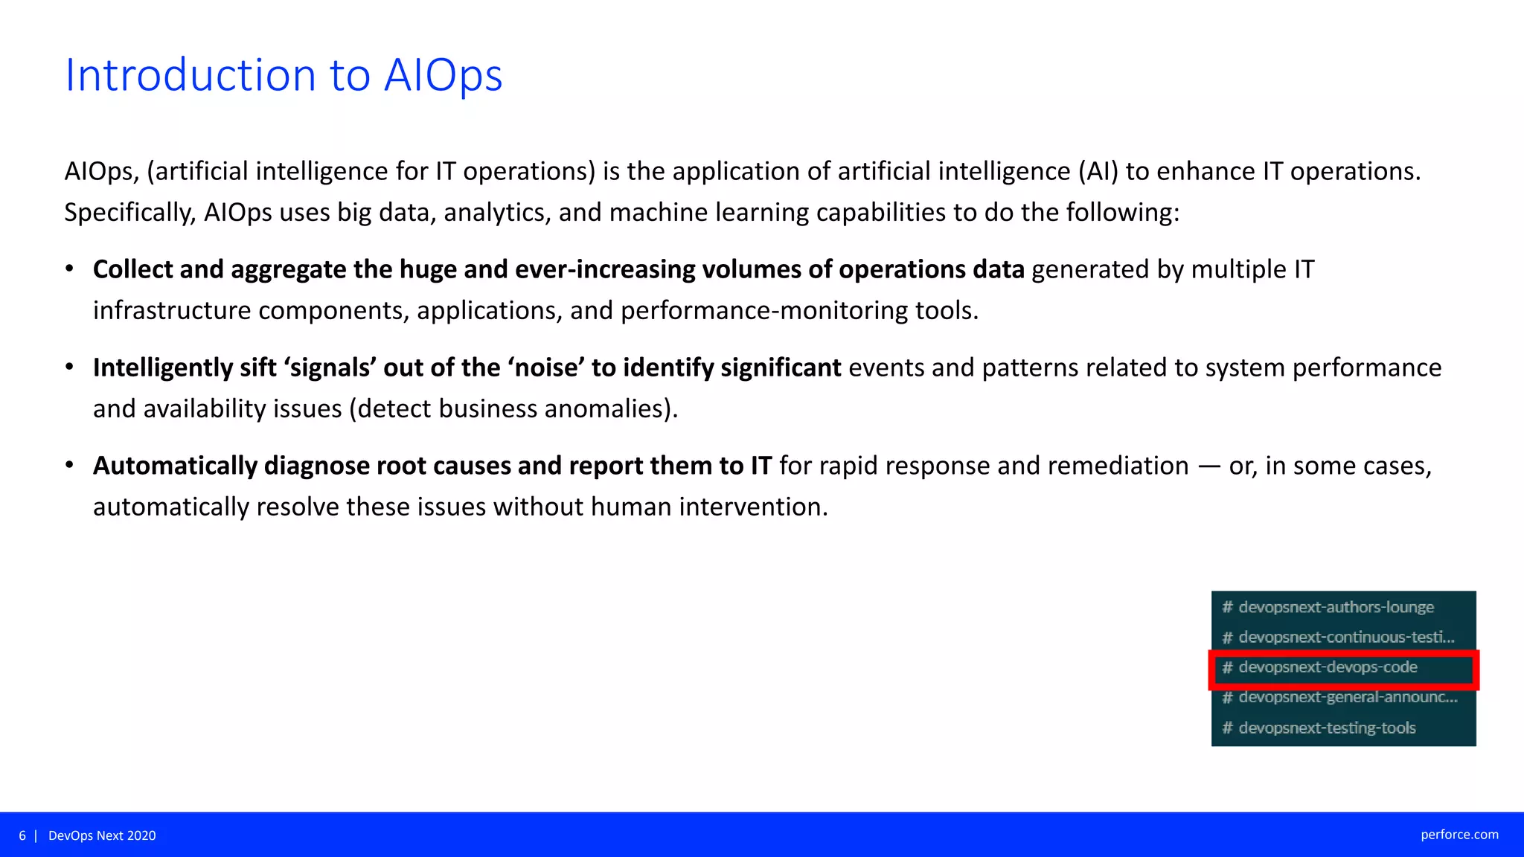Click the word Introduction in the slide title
(190, 75)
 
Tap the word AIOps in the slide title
(443, 75)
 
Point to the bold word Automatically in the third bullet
(175, 466)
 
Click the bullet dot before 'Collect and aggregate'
(69, 269)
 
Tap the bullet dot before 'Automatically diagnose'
(69, 465)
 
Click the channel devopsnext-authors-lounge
(1336, 607)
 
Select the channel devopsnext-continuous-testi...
(1345, 638)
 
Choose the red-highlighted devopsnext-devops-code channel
(1328, 667)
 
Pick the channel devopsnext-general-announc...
(1347, 698)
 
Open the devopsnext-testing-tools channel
(1327, 728)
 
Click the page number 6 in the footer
(22, 835)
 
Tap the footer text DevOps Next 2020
(102, 835)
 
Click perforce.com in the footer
(1459, 835)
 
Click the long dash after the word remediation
(1209, 466)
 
